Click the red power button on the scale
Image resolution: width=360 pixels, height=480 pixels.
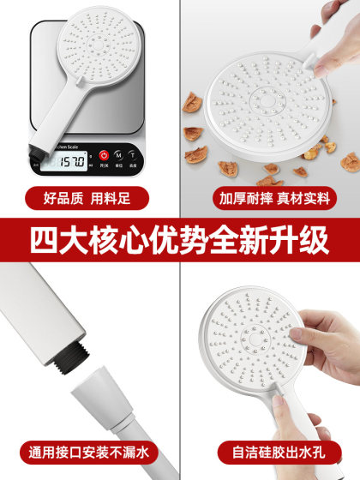point(104,155)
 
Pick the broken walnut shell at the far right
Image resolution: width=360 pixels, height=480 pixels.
point(350,161)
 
